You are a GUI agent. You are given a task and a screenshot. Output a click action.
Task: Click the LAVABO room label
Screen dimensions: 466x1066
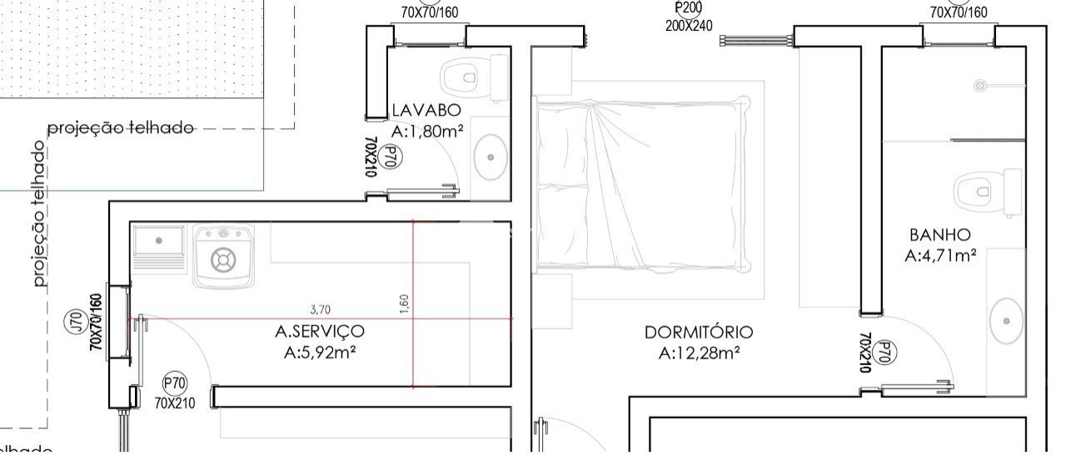pos(426,110)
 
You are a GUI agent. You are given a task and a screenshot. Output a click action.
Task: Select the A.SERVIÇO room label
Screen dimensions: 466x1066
pos(320,332)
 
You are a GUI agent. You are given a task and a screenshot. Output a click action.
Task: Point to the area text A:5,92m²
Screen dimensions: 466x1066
pos(321,353)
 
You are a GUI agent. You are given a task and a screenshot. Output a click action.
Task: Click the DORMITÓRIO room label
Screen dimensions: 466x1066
pos(699,333)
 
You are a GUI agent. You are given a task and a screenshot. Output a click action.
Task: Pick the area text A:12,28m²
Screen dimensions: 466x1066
pos(700,353)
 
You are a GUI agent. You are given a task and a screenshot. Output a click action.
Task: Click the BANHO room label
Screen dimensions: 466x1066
pos(940,235)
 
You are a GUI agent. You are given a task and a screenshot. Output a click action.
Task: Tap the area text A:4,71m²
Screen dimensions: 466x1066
pos(941,256)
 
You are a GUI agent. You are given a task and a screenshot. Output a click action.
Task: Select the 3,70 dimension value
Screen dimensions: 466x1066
pos(320,310)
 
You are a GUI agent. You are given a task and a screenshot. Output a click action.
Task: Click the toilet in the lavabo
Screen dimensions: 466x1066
pos(471,77)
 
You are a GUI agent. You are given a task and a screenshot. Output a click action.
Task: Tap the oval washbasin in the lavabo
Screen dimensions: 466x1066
pos(491,158)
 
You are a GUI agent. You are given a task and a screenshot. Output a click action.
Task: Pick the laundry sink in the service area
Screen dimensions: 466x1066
pos(159,245)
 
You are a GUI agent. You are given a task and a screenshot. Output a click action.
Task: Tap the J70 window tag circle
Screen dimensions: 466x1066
pos(73,320)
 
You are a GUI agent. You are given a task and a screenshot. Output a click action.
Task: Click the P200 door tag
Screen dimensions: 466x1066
pos(689,8)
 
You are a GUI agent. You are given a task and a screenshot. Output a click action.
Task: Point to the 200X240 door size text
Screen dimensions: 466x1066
pos(689,26)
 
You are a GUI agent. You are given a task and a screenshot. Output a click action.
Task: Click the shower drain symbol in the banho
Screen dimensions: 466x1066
pos(981,85)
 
